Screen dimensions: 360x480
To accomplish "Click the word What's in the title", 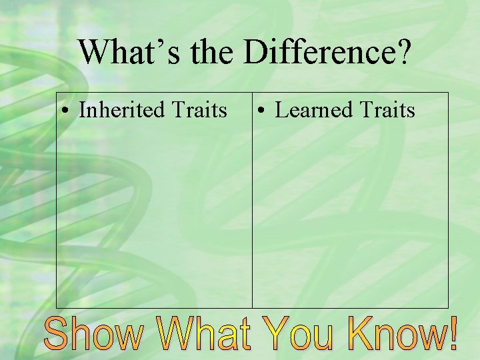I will click(x=127, y=52).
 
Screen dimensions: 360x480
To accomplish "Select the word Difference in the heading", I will click(x=320, y=52).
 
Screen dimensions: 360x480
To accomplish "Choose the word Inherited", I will click(x=124, y=109).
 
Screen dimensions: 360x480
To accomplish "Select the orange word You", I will click(x=299, y=334).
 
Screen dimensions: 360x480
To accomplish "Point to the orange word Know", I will click(x=393, y=334).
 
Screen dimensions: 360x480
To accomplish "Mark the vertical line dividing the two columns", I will click(x=252, y=200).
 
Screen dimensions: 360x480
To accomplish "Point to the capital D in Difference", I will click(x=257, y=52).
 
